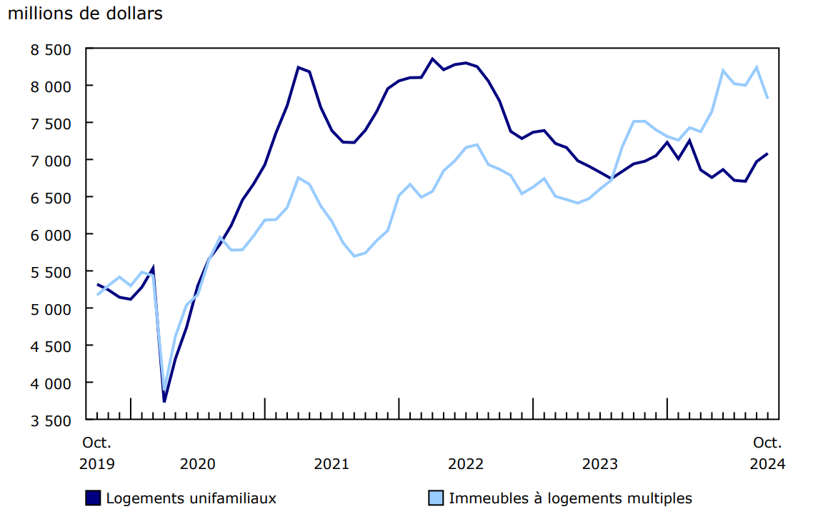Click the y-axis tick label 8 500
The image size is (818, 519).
[x=52, y=49]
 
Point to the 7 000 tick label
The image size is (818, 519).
[x=52, y=161]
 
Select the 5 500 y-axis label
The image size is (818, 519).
[x=52, y=272]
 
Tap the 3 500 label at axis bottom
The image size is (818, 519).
[x=52, y=420]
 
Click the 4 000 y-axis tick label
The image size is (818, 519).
[x=52, y=383]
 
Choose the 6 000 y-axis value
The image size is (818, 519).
[x=52, y=235]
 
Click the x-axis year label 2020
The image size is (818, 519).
[x=198, y=464]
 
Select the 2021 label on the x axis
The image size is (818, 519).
[x=331, y=464]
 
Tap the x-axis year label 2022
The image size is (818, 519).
[x=466, y=464]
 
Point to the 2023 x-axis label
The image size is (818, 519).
[x=600, y=464]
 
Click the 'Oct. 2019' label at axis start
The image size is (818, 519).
[x=96, y=453]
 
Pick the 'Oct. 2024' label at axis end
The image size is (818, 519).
[x=767, y=453]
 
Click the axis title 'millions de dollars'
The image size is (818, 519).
[x=85, y=14]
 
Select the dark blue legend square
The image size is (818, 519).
[x=93, y=498]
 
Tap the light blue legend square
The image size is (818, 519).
[x=436, y=498]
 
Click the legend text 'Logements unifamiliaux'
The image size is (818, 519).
[x=191, y=498]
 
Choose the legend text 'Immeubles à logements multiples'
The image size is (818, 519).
[x=570, y=498]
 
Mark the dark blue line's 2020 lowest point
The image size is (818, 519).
[x=164, y=402]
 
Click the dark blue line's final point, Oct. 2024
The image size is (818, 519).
[x=767, y=153]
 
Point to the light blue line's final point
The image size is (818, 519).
[x=767, y=99]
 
